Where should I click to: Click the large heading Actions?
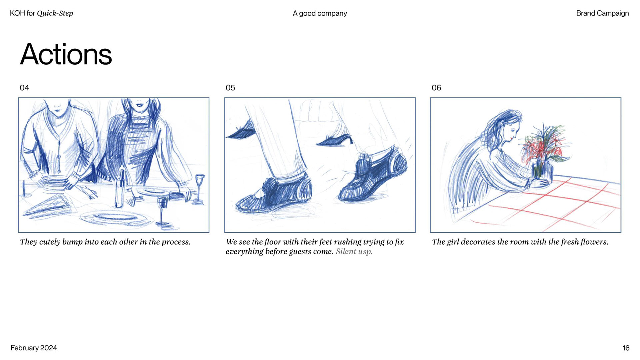(x=66, y=54)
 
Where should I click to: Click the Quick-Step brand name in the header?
(x=55, y=13)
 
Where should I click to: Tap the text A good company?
(x=320, y=13)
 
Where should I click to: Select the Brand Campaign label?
(x=602, y=13)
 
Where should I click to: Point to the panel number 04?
(x=24, y=88)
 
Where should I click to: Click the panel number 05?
(x=230, y=88)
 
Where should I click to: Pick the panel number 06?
(x=436, y=88)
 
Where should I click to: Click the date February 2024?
(x=34, y=348)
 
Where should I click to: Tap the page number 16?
(x=626, y=348)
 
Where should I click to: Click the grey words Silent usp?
(x=354, y=251)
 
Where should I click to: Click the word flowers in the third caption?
(x=594, y=242)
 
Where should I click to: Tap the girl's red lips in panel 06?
(x=511, y=137)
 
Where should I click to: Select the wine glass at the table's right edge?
(x=200, y=188)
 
